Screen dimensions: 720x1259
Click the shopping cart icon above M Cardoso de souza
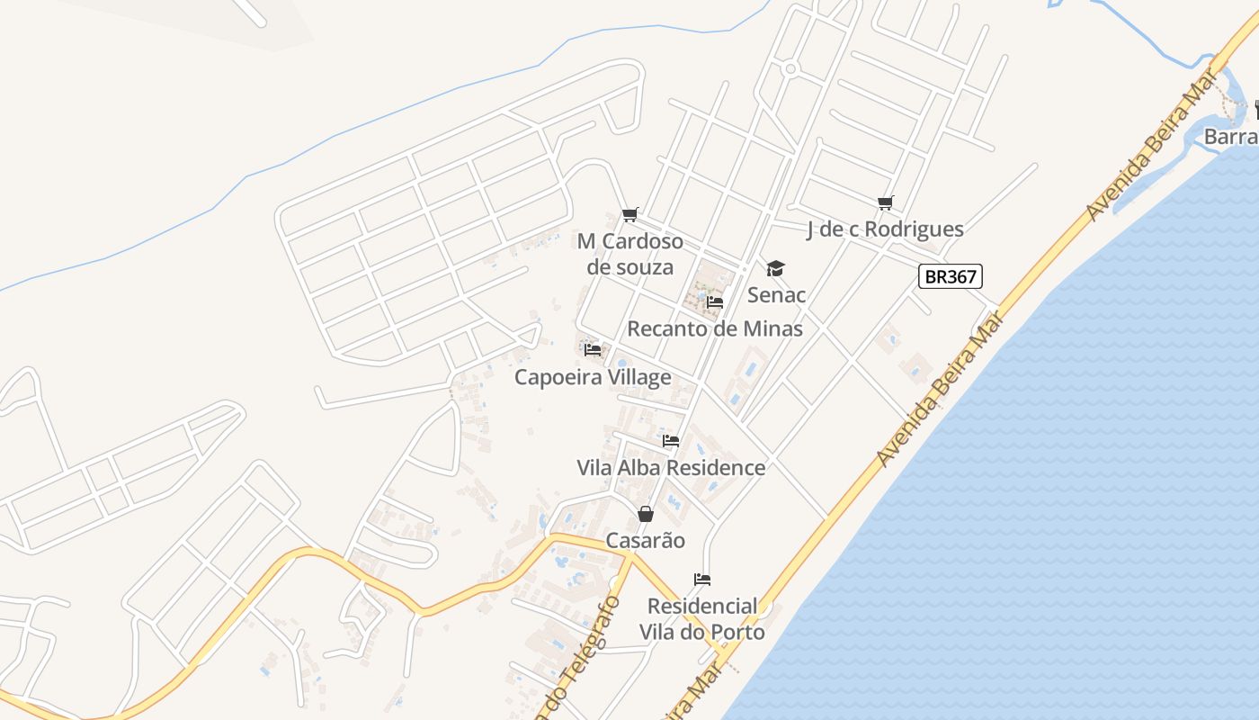pyautogui.click(x=629, y=214)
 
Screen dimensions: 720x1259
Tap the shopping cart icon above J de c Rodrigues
pyautogui.click(x=886, y=203)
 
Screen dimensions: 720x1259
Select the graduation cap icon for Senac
pyautogui.click(x=775, y=268)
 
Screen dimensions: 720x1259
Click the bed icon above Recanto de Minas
pyautogui.click(x=715, y=302)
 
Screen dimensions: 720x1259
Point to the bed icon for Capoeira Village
pyautogui.click(x=592, y=349)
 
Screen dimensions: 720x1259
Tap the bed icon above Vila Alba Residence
pyautogui.click(x=671, y=441)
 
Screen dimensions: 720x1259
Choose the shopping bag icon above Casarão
pyautogui.click(x=645, y=514)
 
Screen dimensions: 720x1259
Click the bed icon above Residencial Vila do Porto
pyautogui.click(x=702, y=579)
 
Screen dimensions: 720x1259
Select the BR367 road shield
pyautogui.click(x=950, y=276)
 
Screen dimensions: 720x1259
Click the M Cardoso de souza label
pyautogui.click(x=629, y=254)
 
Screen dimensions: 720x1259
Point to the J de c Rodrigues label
pyautogui.click(x=885, y=229)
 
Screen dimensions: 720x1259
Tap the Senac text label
pyautogui.click(x=776, y=295)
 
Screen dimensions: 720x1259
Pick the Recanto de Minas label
pyautogui.click(x=715, y=328)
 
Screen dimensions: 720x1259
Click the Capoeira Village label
pyautogui.click(x=593, y=377)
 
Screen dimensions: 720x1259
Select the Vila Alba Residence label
pyautogui.click(x=671, y=468)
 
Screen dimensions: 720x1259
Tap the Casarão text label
pyautogui.click(x=645, y=541)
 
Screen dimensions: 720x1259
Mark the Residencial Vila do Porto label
pyautogui.click(x=702, y=619)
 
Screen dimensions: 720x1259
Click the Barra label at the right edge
pyautogui.click(x=1230, y=137)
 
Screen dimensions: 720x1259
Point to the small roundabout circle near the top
pyautogui.click(x=790, y=68)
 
